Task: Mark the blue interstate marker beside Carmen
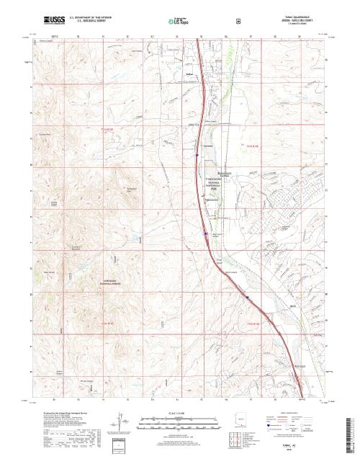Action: click(196, 153)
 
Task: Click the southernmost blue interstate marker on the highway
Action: click(246, 295)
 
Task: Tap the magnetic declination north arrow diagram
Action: click(118, 422)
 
